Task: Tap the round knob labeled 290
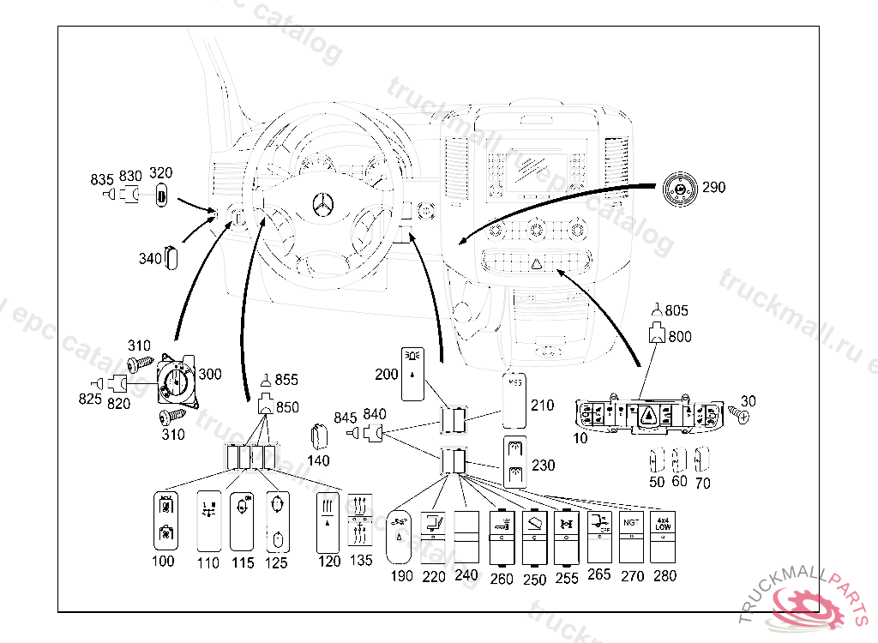[681, 188]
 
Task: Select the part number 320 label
[160, 172]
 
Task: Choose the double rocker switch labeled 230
[517, 461]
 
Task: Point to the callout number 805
[677, 310]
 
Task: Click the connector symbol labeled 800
[657, 334]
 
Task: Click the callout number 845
[345, 418]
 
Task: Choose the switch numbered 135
[360, 521]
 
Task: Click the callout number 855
[287, 379]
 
